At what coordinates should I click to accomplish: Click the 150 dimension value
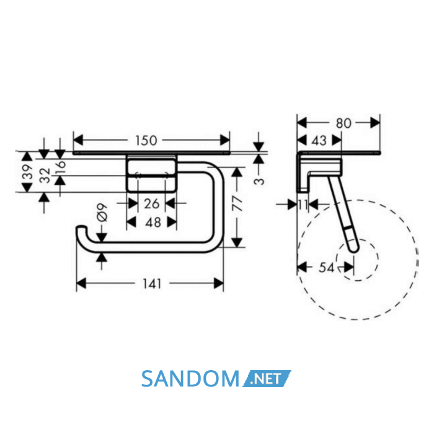146,141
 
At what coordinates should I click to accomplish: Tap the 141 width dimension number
152,284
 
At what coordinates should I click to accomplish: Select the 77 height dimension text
237,203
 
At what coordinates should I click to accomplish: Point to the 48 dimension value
153,222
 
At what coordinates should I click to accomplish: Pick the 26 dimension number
152,204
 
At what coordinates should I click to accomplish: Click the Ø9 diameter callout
102,213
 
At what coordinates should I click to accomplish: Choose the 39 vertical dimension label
27,172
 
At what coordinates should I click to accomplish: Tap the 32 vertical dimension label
45,175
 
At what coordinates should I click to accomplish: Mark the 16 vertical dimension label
60,167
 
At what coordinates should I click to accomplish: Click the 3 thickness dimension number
259,181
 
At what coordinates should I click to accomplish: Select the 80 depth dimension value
343,123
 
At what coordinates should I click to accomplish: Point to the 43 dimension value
319,141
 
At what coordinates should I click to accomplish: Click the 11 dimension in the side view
303,205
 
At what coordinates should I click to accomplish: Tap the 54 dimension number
327,267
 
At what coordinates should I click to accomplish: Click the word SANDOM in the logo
190,379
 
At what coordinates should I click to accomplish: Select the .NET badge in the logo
267,378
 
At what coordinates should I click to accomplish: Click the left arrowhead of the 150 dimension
78,140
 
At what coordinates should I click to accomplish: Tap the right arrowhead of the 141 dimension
219,283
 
